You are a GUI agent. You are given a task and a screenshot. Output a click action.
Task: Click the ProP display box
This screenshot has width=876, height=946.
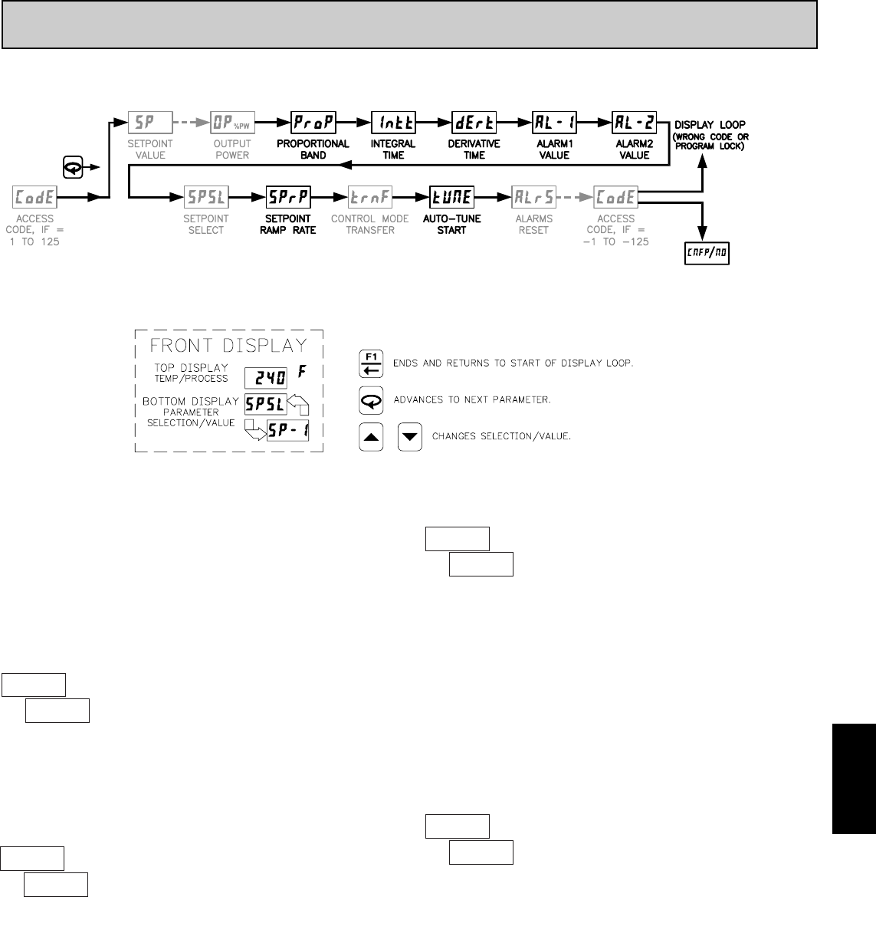[313, 122]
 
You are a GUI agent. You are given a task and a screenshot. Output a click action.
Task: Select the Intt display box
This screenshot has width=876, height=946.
[393, 122]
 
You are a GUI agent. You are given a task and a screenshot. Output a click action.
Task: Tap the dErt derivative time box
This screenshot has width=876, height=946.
[474, 122]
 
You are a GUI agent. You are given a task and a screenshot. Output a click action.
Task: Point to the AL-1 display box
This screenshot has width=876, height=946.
[554, 122]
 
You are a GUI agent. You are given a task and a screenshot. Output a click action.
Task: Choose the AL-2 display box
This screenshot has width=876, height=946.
[634, 122]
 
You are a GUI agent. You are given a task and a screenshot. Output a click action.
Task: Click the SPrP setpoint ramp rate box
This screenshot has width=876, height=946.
[287, 197]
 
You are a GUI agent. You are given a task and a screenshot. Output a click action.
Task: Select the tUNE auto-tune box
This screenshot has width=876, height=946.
[451, 197]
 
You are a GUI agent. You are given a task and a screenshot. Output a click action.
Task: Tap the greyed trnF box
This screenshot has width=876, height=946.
[371, 197]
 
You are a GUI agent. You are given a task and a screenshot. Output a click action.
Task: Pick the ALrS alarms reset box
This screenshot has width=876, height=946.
[533, 197]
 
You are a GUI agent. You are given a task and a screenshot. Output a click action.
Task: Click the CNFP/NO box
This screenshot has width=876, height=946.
[707, 253]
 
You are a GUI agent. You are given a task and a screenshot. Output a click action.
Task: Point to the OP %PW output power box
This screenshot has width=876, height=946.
[232, 122]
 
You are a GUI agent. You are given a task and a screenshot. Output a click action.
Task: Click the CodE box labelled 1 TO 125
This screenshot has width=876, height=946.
[35, 197]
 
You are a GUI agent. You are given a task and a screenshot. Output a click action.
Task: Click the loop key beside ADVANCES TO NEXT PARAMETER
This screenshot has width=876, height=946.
[372, 399]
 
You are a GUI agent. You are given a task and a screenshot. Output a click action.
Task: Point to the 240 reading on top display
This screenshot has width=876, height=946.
[266, 377]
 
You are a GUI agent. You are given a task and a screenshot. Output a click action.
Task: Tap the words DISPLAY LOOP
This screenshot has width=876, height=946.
[709, 125]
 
